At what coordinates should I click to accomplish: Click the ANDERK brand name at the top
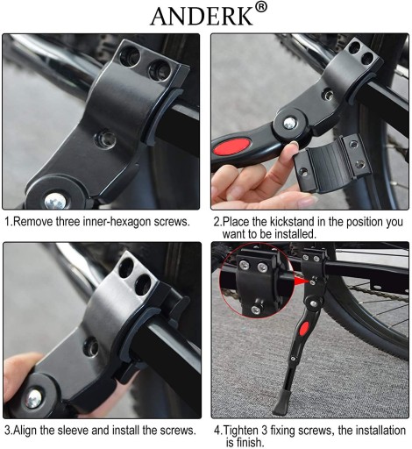coord(201,17)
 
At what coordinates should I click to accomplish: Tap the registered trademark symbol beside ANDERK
coord(261,7)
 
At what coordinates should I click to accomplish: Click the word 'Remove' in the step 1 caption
coord(33,222)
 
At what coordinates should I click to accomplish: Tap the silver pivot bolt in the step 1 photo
coord(55,201)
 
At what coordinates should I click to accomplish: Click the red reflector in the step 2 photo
coord(232,147)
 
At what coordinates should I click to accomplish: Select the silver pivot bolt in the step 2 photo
coord(289,123)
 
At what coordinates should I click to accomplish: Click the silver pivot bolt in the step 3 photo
coord(33,399)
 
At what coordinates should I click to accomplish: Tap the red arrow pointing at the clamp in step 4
coord(302,282)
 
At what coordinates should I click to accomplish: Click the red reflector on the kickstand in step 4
coord(304,329)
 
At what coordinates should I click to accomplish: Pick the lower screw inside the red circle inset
coord(256,310)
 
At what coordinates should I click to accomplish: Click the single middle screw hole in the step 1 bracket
coord(106,139)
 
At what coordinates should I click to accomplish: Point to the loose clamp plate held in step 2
coord(332,163)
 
